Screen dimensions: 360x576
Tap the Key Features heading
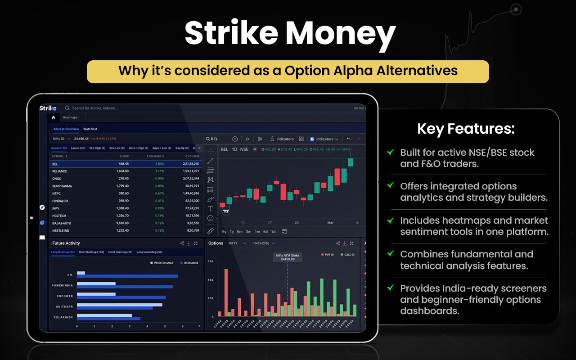pyautogui.click(x=466, y=129)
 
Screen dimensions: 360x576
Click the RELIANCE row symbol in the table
pyautogui.click(x=60, y=171)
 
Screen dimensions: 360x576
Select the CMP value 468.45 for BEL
pyautogui.click(x=123, y=164)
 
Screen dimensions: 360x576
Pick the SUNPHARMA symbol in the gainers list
pyautogui.click(x=62, y=186)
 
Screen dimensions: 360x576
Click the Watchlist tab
pyautogui.click(x=90, y=129)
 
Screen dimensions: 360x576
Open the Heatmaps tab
pyautogui.click(x=70, y=117)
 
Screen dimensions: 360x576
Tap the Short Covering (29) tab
pyautogui.click(x=120, y=252)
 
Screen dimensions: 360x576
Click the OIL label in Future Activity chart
pyautogui.click(x=70, y=274)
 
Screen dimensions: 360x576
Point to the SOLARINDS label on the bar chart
pyautogui.click(x=64, y=317)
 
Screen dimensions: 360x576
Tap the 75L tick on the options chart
pyautogui.click(x=211, y=261)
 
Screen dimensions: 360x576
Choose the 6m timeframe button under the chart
pyautogui.click(x=240, y=232)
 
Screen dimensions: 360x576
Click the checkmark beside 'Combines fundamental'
pyautogui.click(x=390, y=254)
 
